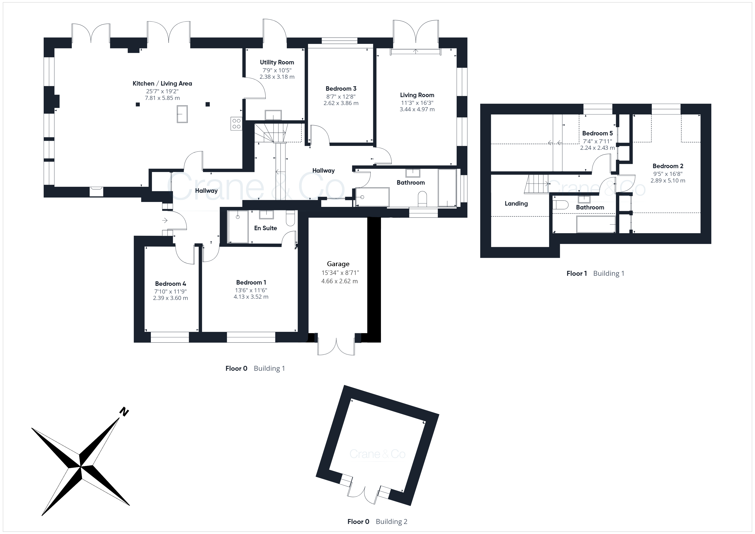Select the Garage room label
point(338,264)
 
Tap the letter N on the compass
point(124,412)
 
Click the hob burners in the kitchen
point(236,124)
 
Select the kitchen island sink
point(182,114)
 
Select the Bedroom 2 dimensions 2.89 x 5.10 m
point(668,181)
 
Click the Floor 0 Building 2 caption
point(377,522)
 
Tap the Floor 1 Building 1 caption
point(595,274)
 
